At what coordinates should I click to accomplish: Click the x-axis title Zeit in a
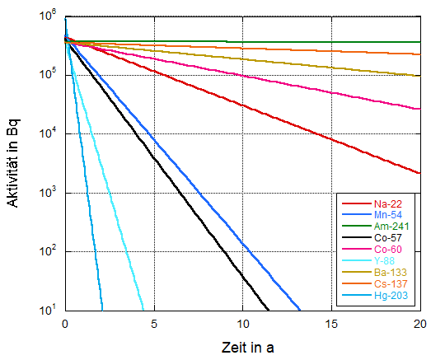(242, 346)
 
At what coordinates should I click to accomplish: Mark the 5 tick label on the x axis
(154, 322)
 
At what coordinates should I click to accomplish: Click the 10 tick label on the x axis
(243, 322)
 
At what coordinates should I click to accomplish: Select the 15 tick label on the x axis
(332, 322)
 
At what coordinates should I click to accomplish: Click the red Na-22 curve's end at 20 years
(420, 173)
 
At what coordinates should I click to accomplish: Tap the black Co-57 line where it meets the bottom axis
(269, 311)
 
